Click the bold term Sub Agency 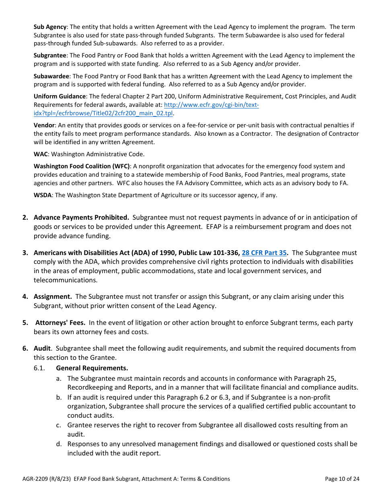point(50,27)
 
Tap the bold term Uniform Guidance point(60,96)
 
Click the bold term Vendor point(44,125)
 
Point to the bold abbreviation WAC point(41,154)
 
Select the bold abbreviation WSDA point(43,195)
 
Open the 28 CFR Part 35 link point(264,253)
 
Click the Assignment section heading point(53,296)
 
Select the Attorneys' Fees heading point(60,323)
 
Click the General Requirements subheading point(92,368)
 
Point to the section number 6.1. point(39,368)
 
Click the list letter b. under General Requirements point(59,397)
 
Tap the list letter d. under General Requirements point(59,444)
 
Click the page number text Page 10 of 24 point(342,479)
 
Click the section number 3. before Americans point(25,253)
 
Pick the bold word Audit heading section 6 point(42,348)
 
